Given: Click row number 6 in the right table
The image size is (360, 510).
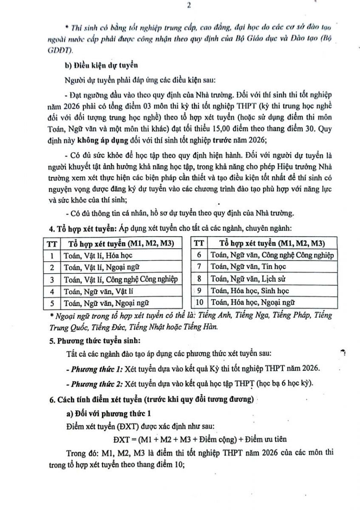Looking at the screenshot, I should pyautogui.click(x=198, y=255).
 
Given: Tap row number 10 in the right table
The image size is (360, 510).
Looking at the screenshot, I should pyautogui.click(x=198, y=303).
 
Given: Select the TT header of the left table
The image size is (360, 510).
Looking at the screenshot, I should pyautogui.click(x=51, y=244).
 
